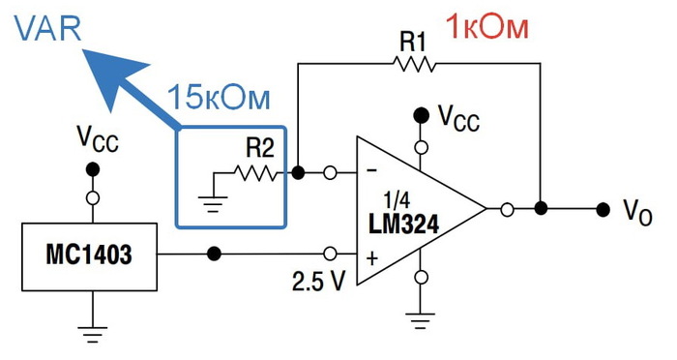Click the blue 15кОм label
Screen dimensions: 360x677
tap(219, 99)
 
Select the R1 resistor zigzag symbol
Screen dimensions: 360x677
tap(414, 64)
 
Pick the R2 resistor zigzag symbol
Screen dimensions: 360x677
tap(257, 174)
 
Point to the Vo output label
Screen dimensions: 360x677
tap(643, 210)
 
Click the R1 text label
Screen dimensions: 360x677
tap(414, 40)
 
